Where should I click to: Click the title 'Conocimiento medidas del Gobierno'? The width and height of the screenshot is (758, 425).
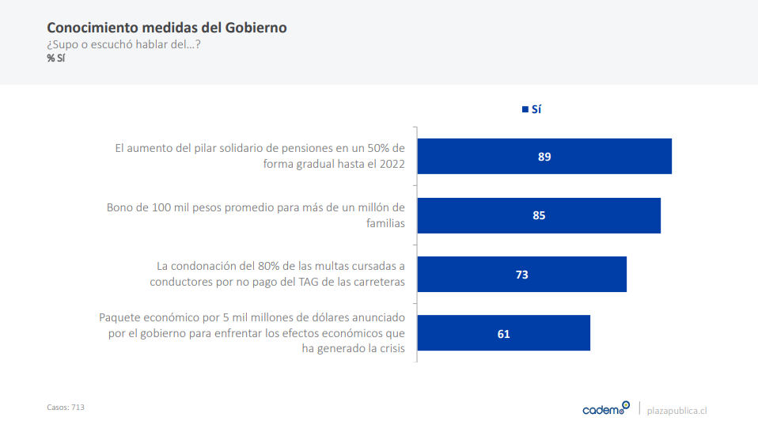166,28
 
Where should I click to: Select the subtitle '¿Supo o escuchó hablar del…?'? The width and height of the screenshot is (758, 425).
123,44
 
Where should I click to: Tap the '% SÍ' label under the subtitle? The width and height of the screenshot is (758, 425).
55,58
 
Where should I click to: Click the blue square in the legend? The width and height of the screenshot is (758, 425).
525,110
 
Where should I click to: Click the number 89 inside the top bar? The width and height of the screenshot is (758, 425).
544,157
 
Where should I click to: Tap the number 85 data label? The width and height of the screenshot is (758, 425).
539,215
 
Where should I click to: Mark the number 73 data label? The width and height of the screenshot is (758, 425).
521,275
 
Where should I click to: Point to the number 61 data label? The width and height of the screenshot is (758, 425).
503,334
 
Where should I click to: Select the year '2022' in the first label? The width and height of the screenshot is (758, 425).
391,164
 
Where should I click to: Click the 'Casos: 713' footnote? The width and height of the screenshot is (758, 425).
66,407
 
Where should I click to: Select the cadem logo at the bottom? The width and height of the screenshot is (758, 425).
605,408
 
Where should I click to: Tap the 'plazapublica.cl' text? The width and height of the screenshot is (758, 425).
677,410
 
